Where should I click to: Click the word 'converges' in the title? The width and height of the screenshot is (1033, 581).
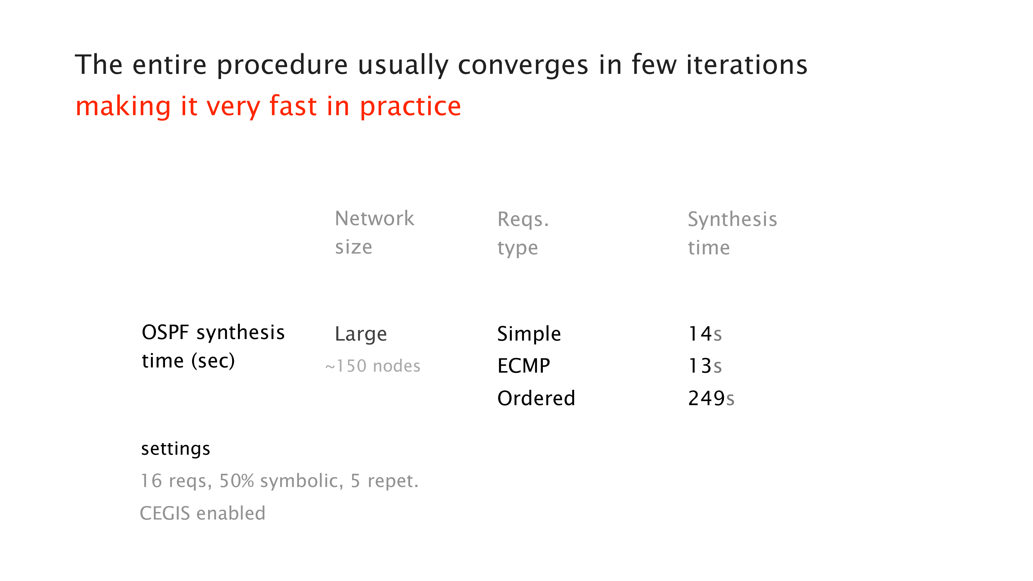[x=523, y=65]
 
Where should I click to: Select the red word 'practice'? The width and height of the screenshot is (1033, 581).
[x=410, y=107]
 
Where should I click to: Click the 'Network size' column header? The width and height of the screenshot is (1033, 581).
[x=374, y=232]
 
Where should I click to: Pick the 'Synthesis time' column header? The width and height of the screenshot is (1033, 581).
[x=732, y=233]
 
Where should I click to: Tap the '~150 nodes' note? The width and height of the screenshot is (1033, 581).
[x=373, y=366]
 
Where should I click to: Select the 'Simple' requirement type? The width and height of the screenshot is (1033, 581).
[x=529, y=334]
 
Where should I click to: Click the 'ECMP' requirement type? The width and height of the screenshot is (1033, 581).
[x=524, y=366]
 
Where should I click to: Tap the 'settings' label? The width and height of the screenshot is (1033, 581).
[x=175, y=449]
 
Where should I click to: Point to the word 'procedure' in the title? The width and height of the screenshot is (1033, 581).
[x=282, y=65]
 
